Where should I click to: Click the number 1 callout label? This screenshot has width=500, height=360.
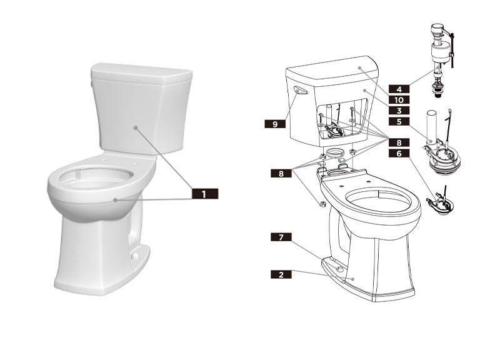pos(204,194)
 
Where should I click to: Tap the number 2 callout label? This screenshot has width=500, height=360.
pos(281,274)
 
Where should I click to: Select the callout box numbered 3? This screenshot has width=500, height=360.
pos(398,109)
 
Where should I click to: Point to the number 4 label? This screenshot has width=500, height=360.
pos(398,88)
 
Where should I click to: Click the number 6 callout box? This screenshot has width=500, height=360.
pos(398,152)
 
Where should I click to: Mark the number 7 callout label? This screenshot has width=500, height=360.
pos(281,237)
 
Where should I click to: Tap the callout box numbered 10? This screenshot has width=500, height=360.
pos(398,99)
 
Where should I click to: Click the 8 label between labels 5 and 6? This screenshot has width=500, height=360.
pos(398,142)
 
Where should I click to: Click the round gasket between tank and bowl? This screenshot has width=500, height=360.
pos(337,154)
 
